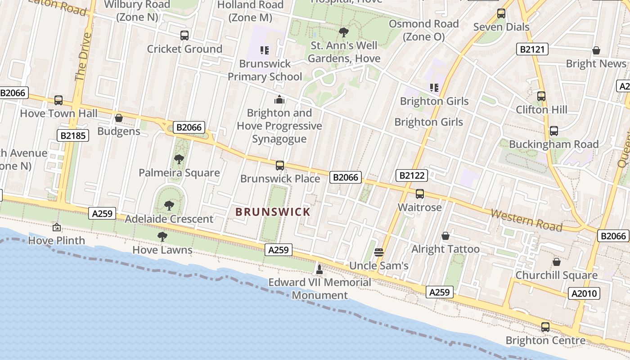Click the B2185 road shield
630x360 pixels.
(x=73, y=135)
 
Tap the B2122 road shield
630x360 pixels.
(x=411, y=175)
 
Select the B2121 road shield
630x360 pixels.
(x=532, y=49)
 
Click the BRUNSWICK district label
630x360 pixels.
(x=273, y=211)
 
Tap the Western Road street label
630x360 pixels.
(x=526, y=220)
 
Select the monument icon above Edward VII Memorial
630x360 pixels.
(x=319, y=270)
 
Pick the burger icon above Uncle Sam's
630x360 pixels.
(x=378, y=252)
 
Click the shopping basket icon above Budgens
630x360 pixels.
(x=119, y=118)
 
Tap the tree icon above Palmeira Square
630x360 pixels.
(x=179, y=159)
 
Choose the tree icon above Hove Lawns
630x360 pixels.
(x=162, y=236)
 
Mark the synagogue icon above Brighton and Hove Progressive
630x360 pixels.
(x=279, y=99)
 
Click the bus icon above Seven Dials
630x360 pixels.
(x=501, y=13)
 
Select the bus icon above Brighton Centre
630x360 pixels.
(x=545, y=327)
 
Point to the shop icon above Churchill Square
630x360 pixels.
(x=557, y=262)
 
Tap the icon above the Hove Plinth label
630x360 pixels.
(x=56, y=227)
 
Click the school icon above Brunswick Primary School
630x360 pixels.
(x=265, y=50)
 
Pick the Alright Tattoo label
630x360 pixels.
(x=445, y=249)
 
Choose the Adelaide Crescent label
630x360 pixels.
(x=169, y=219)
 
